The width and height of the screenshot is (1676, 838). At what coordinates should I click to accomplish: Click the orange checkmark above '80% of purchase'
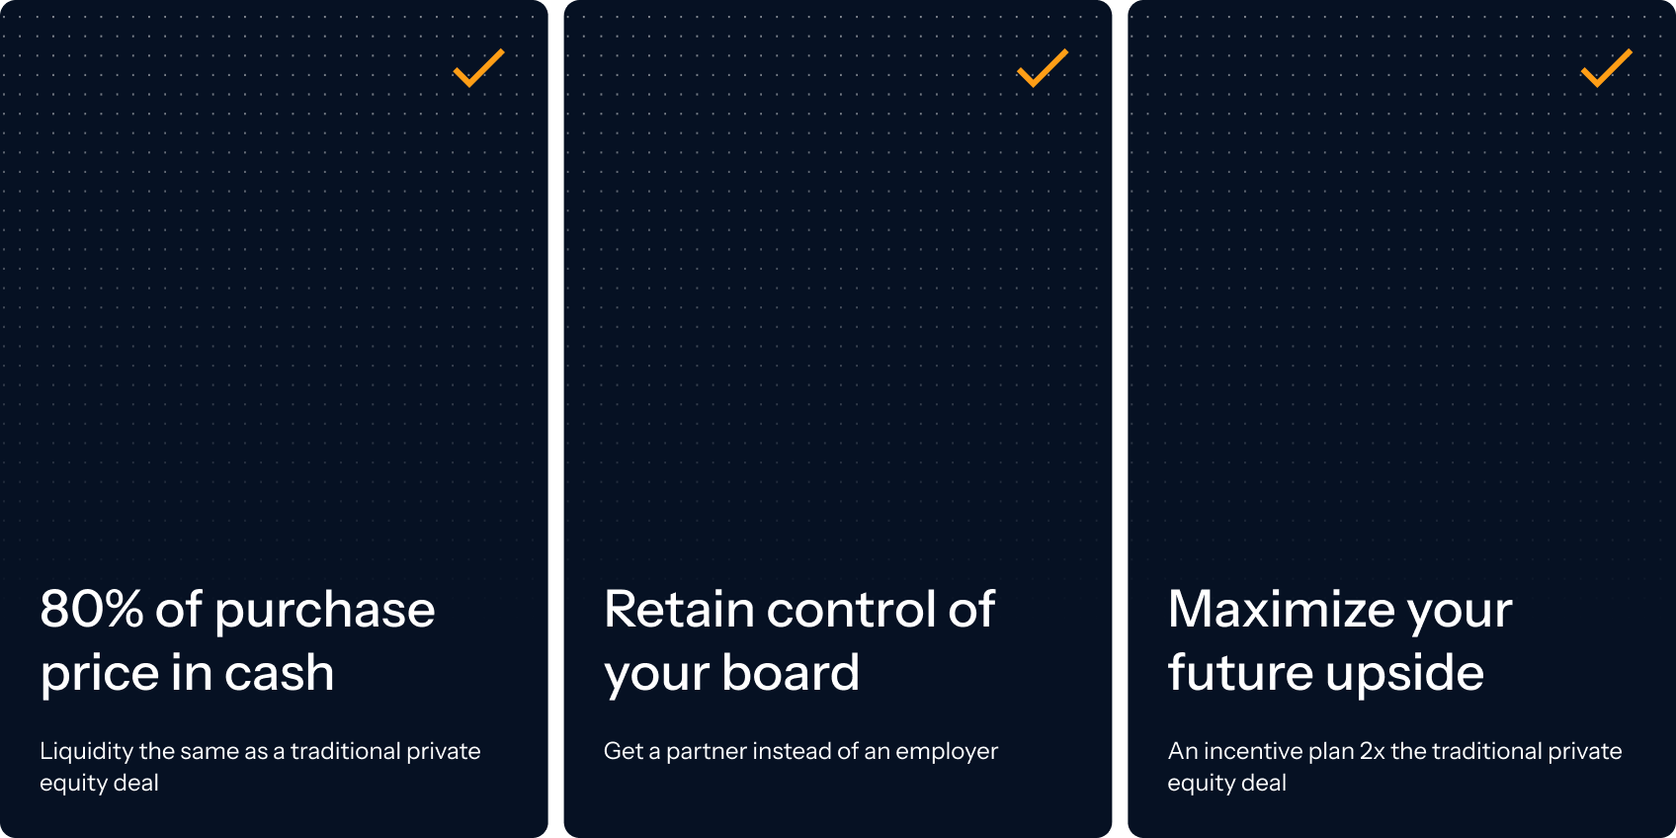478,68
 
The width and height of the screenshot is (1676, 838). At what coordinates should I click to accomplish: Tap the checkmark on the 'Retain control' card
1043,68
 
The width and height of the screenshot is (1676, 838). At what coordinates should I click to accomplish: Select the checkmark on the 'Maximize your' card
1606,68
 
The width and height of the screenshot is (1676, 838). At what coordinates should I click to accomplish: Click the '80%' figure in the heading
91,609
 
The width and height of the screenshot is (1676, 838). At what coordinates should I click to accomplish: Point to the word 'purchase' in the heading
325,611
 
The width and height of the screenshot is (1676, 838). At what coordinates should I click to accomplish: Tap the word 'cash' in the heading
279,673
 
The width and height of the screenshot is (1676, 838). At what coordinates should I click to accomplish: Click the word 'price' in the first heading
99,675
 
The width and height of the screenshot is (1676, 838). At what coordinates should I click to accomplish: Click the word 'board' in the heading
791,673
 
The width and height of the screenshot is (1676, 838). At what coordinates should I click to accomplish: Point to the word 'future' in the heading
1239,673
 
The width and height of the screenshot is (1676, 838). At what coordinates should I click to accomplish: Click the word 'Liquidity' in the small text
86,752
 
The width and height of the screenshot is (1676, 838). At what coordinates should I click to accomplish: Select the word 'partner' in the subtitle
706,752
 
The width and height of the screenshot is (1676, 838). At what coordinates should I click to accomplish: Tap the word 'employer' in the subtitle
947,752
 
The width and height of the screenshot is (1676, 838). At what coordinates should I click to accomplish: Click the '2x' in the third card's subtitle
1372,751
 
